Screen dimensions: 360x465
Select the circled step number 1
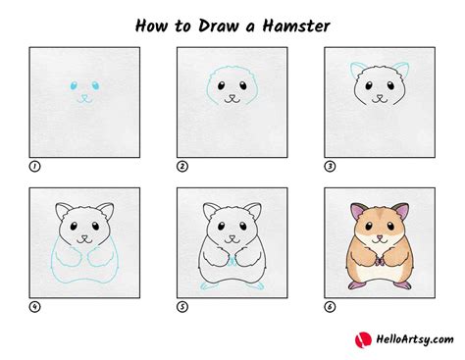click(x=34, y=167)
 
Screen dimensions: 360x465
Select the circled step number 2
click(x=181, y=167)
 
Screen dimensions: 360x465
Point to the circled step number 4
click(x=34, y=306)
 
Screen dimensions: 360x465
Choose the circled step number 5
click(x=181, y=306)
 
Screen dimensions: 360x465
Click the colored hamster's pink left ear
click(x=351, y=211)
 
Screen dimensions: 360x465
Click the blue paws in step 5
click(x=232, y=261)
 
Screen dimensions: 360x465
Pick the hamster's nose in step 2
click(x=232, y=96)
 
